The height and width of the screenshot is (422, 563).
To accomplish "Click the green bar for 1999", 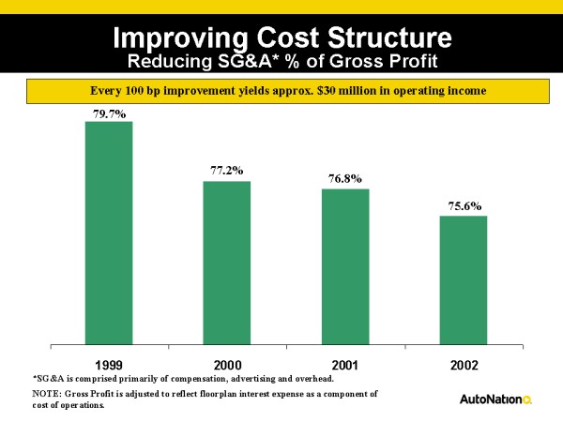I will pyautogui.click(x=109, y=233).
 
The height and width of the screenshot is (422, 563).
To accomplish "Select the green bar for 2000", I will pyautogui.click(x=227, y=263).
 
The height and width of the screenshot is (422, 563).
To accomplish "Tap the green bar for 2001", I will pyautogui.click(x=345, y=266).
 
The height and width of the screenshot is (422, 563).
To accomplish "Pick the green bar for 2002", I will pyautogui.click(x=464, y=279).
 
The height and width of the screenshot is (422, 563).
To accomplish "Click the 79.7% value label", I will pyautogui.click(x=109, y=113).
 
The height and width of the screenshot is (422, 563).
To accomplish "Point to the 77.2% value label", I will pyautogui.click(x=227, y=171).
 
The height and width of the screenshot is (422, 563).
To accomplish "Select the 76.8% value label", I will pyautogui.click(x=345, y=178).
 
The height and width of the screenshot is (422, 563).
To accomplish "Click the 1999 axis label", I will pyautogui.click(x=109, y=363).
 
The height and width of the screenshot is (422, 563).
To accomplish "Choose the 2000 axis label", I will pyautogui.click(x=227, y=363).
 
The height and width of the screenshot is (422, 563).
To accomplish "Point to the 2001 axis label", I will pyautogui.click(x=345, y=363).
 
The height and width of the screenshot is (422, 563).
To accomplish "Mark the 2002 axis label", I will pyautogui.click(x=464, y=363).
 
